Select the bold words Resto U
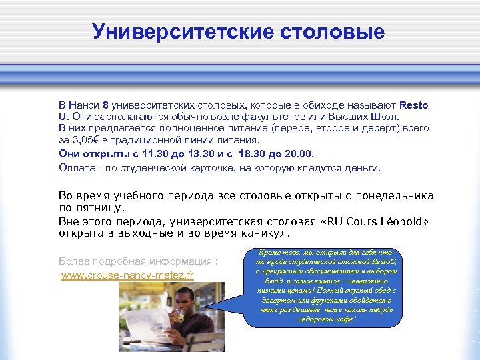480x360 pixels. click(413, 105)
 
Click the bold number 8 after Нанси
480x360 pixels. click(105, 105)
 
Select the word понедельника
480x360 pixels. click(393, 196)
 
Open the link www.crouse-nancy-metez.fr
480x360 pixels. click(127, 275)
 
